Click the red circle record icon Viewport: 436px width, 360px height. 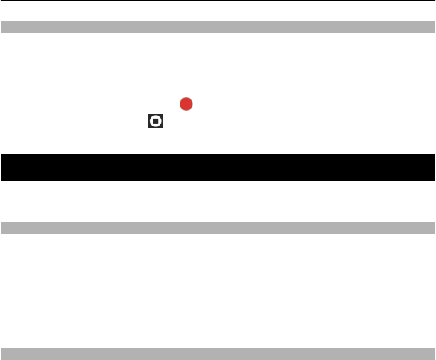point(186,104)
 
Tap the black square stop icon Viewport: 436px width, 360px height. point(156,121)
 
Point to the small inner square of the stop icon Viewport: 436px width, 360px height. point(156,121)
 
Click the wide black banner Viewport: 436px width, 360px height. point(217,168)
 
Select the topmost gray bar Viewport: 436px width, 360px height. point(217,28)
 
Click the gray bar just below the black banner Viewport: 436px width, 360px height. point(217,227)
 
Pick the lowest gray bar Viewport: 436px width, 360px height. point(217,354)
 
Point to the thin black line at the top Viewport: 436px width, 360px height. point(217,1)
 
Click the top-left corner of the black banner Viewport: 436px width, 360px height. point(1,155)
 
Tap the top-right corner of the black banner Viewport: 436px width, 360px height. point(434,155)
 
